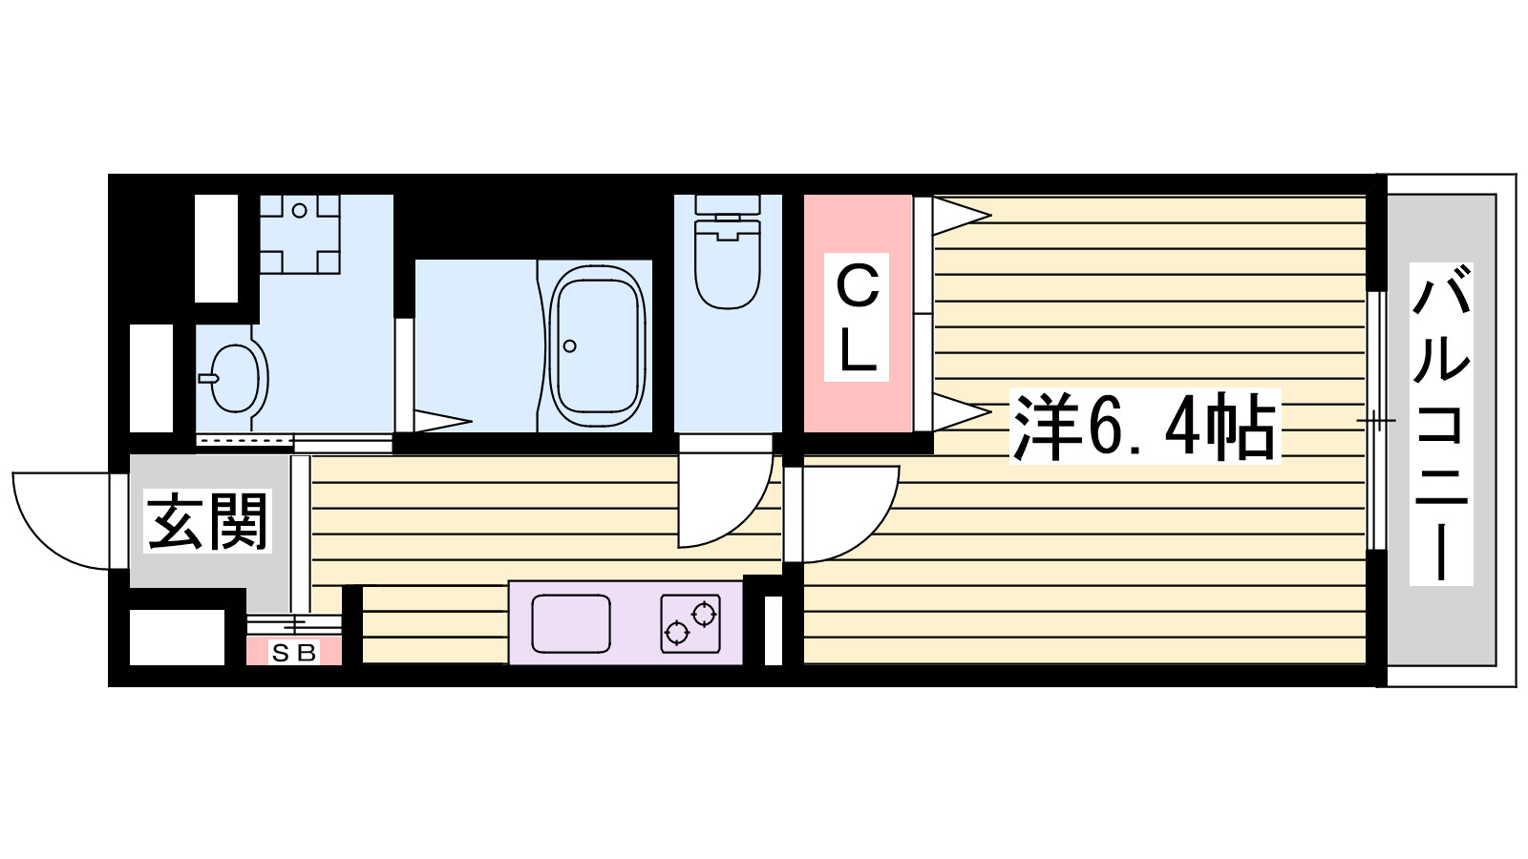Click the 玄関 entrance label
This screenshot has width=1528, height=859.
tap(207, 521)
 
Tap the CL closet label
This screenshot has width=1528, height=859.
tap(857, 317)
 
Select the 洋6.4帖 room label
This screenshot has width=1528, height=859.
tap(1145, 427)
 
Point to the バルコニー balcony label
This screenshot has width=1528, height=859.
tap(1441, 424)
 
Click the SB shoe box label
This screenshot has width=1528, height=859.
tap(294, 653)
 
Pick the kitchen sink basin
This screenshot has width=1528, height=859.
tap(570, 624)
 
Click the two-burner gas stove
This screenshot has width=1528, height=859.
tap(690, 624)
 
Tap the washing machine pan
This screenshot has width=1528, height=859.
tap(300, 234)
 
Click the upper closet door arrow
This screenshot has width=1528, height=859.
tap(962, 216)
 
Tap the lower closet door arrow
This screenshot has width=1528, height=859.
tap(962, 411)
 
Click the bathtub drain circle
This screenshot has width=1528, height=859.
tap(569, 346)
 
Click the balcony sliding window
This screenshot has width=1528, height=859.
tap(1376, 421)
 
